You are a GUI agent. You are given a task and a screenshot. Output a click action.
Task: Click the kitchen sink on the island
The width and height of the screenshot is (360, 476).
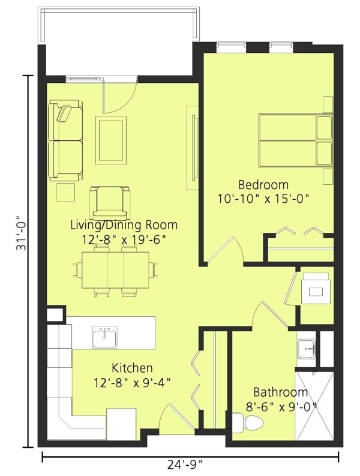pos(105,337)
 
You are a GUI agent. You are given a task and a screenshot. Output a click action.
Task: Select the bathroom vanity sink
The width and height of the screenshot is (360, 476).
pos(307,349)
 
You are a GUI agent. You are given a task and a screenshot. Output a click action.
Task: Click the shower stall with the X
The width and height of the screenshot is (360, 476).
pos(314,405)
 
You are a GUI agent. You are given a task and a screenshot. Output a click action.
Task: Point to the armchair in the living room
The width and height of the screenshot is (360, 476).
pos(110,203)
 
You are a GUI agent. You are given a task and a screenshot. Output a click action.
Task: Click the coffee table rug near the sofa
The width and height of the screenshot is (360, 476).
pos(110,140)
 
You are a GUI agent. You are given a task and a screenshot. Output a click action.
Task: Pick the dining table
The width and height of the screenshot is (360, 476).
pos(115,270)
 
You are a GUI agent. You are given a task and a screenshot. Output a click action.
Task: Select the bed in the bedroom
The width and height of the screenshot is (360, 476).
pos(296,140)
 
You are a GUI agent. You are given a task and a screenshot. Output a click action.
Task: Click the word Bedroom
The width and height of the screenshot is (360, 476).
pos(263,184)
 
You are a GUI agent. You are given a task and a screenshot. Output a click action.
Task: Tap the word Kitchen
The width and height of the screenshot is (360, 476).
pos(133,368)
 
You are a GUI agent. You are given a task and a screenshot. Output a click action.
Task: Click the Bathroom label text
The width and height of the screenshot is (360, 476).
pos(280,392)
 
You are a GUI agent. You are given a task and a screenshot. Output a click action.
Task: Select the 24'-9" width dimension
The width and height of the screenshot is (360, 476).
pos(185,464)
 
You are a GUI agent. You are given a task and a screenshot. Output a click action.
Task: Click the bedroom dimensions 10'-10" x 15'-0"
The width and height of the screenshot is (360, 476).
pos(263,199)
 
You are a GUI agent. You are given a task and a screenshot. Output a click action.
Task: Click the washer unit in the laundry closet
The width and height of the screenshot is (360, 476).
pos(316,288)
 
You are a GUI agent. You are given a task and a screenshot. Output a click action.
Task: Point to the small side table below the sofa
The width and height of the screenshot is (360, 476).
pos(65,193)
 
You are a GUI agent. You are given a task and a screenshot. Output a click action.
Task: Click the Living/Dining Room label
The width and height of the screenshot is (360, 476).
pos(124,225)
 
